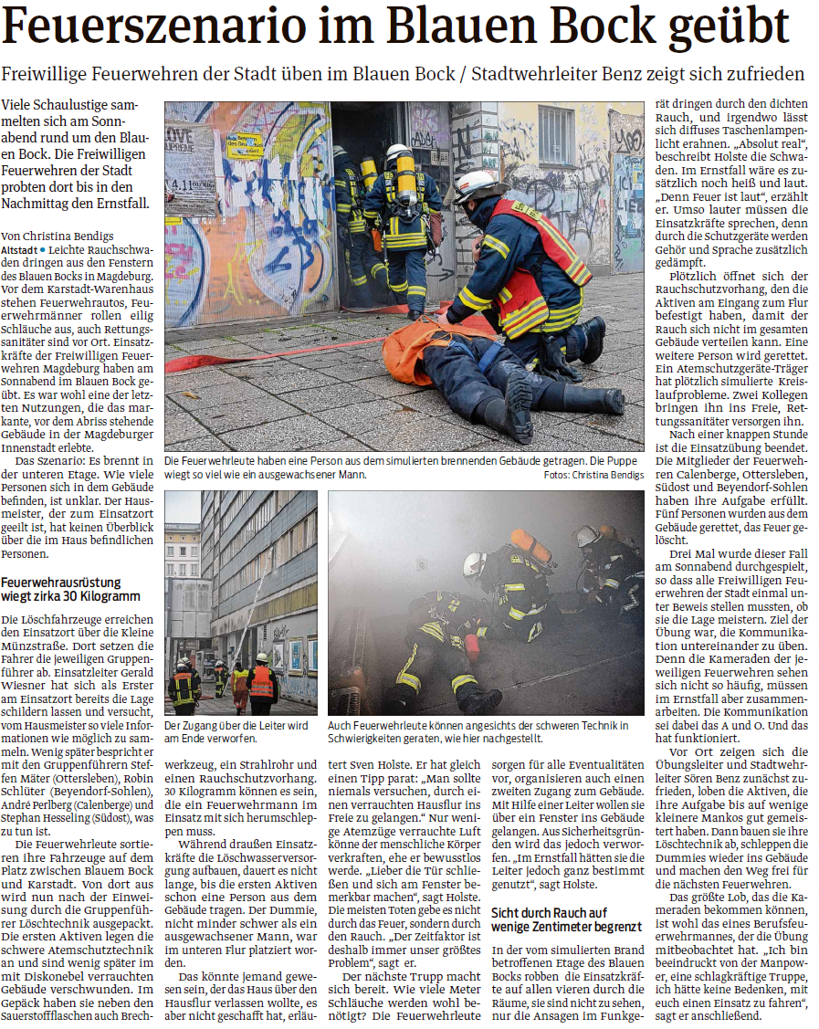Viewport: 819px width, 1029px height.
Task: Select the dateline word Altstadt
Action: [20, 248]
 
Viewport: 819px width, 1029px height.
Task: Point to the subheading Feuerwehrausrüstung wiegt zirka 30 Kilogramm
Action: [73, 589]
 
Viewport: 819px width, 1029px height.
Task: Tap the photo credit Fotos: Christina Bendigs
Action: [593, 476]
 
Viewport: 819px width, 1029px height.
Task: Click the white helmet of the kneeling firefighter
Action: [478, 186]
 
